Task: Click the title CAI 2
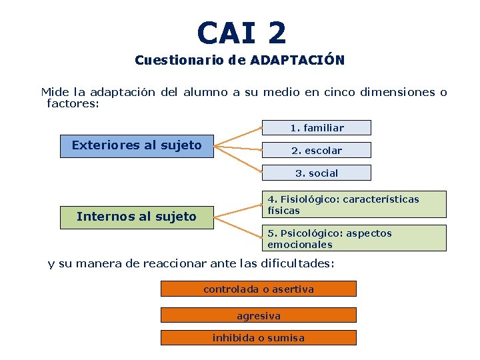[x=241, y=33]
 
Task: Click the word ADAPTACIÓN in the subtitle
[x=297, y=61]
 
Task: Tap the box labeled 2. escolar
[x=316, y=151]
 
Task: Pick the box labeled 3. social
[x=316, y=173]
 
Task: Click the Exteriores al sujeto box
[x=137, y=145]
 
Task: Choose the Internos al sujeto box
[x=137, y=217]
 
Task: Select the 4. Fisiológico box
[x=352, y=205]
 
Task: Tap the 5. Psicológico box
[x=352, y=238]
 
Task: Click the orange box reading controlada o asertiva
[x=259, y=289]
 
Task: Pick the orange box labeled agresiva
[x=259, y=315]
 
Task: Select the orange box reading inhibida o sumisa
[x=259, y=338]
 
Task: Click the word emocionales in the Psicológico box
[x=299, y=245]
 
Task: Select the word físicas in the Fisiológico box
[x=283, y=211]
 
